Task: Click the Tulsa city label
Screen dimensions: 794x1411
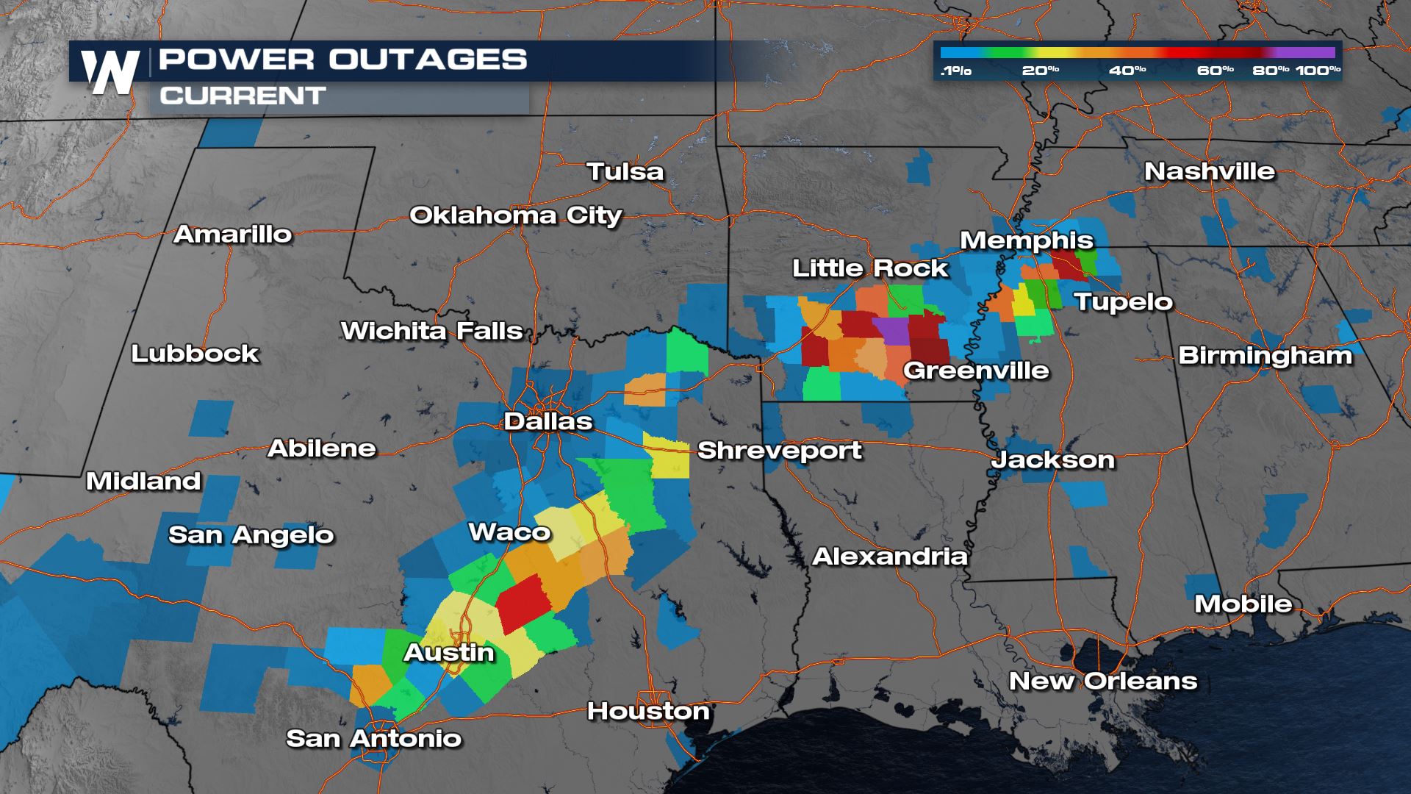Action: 625,172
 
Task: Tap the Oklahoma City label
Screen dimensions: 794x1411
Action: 516,215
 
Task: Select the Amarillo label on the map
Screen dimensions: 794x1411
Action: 233,235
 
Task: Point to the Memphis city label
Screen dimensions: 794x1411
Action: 1027,240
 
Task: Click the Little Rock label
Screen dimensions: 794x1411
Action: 870,268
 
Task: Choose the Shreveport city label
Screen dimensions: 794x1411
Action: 779,450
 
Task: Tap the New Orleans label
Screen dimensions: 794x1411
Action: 1103,681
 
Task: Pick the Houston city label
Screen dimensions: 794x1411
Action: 648,711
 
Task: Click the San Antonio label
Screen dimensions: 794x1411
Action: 373,738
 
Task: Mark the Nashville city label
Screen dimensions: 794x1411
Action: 1210,171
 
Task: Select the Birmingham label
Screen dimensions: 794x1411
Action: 1265,356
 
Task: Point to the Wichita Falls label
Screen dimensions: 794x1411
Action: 431,332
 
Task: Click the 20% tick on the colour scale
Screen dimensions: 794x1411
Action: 1040,71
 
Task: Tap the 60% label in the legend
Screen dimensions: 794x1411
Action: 1215,71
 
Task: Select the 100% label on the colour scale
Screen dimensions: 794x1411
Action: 1318,71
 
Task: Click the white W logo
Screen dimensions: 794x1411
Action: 110,72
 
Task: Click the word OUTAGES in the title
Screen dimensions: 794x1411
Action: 428,60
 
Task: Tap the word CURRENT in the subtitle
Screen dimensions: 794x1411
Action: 243,96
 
